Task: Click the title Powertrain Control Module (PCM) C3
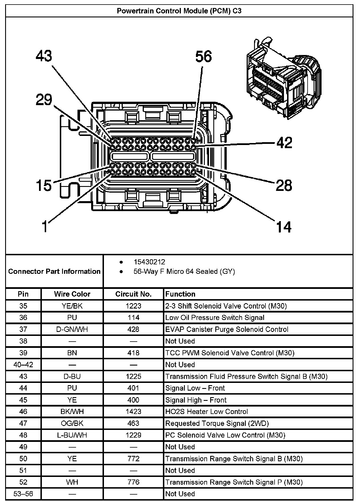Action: click(x=179, y=11)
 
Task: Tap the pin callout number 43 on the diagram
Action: click(x=44, y=56)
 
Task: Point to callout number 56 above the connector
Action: click(x=204, y=56)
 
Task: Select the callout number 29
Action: click(x=44, y=100)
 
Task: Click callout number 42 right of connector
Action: click(x=284, y=142)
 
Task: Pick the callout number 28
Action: click(x=284, y=185)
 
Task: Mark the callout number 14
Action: click(x=284, y=227)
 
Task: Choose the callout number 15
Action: click(x=44, y=185)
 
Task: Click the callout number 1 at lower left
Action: click(x=45, y=227)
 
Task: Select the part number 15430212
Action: click(x=149, y=262)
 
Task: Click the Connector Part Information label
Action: click(x=54, y=271)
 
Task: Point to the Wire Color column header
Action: click(x=72, y=294)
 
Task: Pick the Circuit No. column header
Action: click(x=133, y=294)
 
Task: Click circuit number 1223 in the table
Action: click(x=133, y=306)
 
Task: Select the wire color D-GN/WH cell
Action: click(x=72, y=329)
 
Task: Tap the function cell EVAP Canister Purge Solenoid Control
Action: click(x=227, y=329)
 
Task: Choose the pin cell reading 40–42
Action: click(x=23, y=364)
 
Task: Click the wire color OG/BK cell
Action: click(x=72, y=423)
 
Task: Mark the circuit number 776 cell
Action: click(x=133, y=482)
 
